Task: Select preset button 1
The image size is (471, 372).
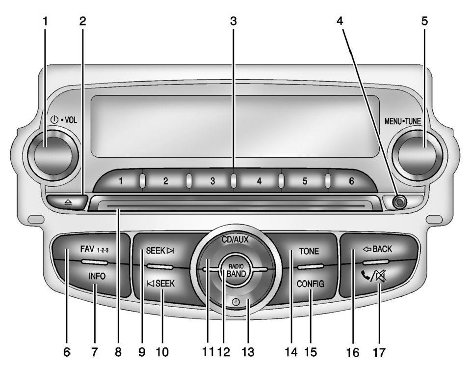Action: point(120,181)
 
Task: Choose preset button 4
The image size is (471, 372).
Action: point(259,181)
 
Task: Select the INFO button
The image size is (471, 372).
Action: point(97,276)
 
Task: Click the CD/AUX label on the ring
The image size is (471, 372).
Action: point(235,240)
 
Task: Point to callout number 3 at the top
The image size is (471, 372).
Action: point(234,21)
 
